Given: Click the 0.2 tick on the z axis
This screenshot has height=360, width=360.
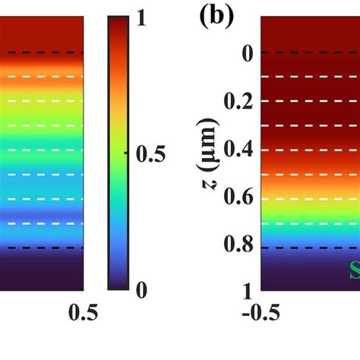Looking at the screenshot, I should [x=238, y=102].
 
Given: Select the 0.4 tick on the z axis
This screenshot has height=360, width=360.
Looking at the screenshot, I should [x=238, y=150].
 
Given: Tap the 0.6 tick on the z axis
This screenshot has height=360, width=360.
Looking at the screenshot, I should [x=238, y=199].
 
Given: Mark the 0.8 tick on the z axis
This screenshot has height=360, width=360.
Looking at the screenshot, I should [x=238, y=248].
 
